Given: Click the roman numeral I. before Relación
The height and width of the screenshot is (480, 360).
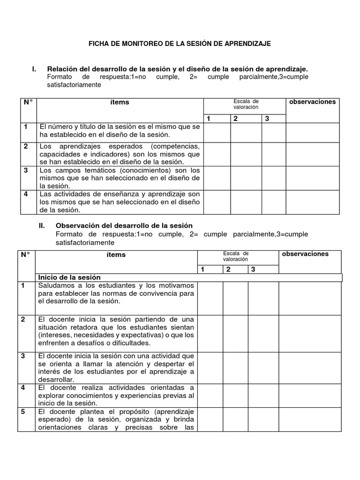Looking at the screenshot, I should click(34, 69).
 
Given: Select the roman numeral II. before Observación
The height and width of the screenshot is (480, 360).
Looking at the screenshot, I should click(42, 226).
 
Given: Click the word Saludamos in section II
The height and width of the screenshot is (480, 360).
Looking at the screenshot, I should click(58, 285).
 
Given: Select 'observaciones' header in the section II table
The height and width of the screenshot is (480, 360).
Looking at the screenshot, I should click(306, 254).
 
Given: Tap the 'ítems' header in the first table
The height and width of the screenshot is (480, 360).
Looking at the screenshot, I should click(120, 102).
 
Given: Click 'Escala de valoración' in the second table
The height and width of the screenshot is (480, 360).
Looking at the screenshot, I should click(235, 256).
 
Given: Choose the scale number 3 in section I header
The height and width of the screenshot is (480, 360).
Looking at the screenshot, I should click(267, 119).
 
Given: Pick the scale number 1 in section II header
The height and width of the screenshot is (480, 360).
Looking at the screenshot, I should click(203, 269).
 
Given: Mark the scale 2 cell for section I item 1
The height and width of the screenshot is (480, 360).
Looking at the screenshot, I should click(246, 133).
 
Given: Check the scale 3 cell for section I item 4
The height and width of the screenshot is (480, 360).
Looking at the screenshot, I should click(273, 202).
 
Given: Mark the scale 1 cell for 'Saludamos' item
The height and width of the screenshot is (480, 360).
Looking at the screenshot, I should click(210, 298).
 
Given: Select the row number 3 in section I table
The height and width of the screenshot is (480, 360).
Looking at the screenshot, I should click(26, 171).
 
